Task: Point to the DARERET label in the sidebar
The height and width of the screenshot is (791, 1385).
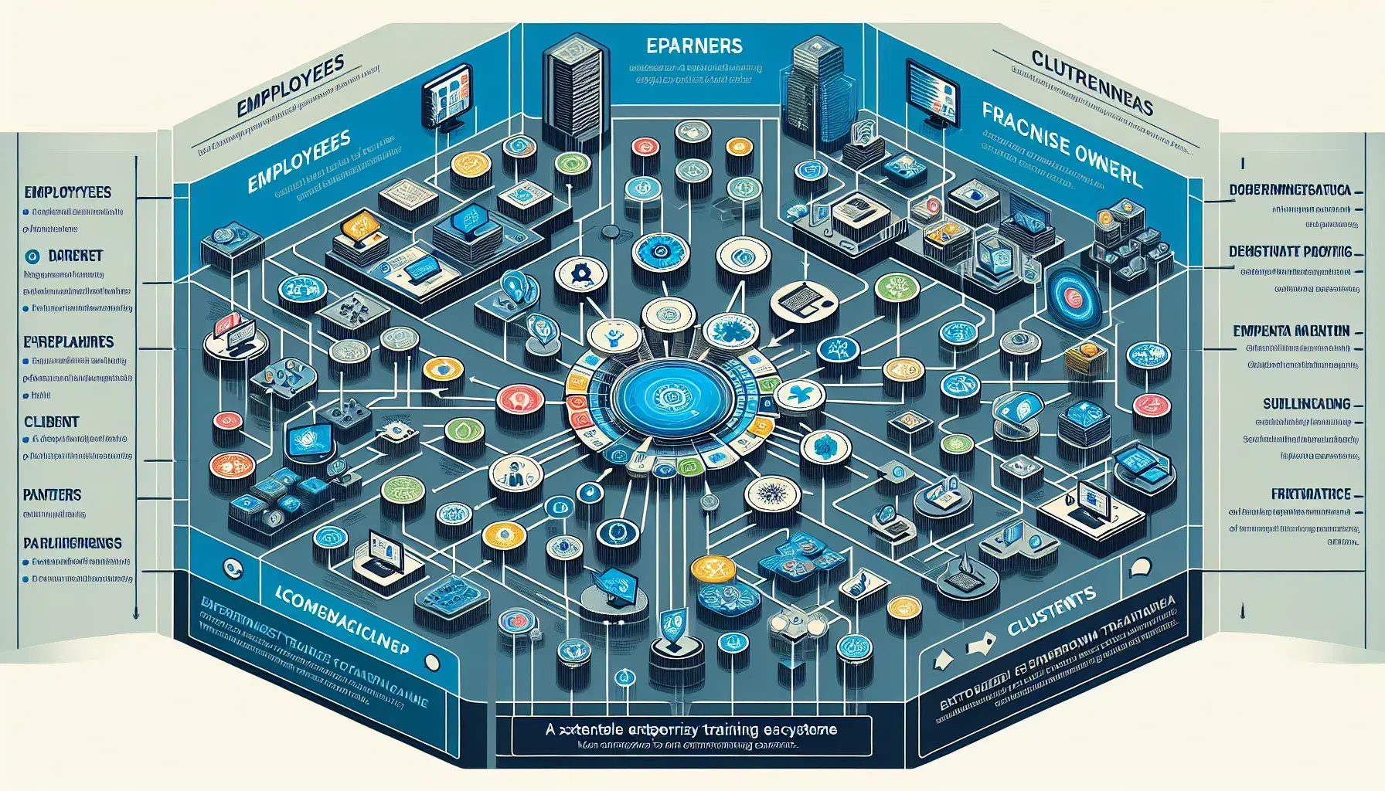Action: tap(75, 256)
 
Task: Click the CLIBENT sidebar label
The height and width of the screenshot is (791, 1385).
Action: tap(52, 422)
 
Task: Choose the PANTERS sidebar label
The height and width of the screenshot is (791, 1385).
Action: tap(53, 494)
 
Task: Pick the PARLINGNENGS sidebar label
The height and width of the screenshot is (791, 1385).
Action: tap(73, 543)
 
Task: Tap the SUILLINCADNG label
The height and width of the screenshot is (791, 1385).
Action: tap(1307, 403)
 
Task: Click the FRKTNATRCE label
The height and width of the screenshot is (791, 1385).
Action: tap(1311, 494)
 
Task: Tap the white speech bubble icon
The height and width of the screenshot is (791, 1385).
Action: tap(1141, 569)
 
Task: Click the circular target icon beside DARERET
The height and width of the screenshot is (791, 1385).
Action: tap(32, 256)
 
